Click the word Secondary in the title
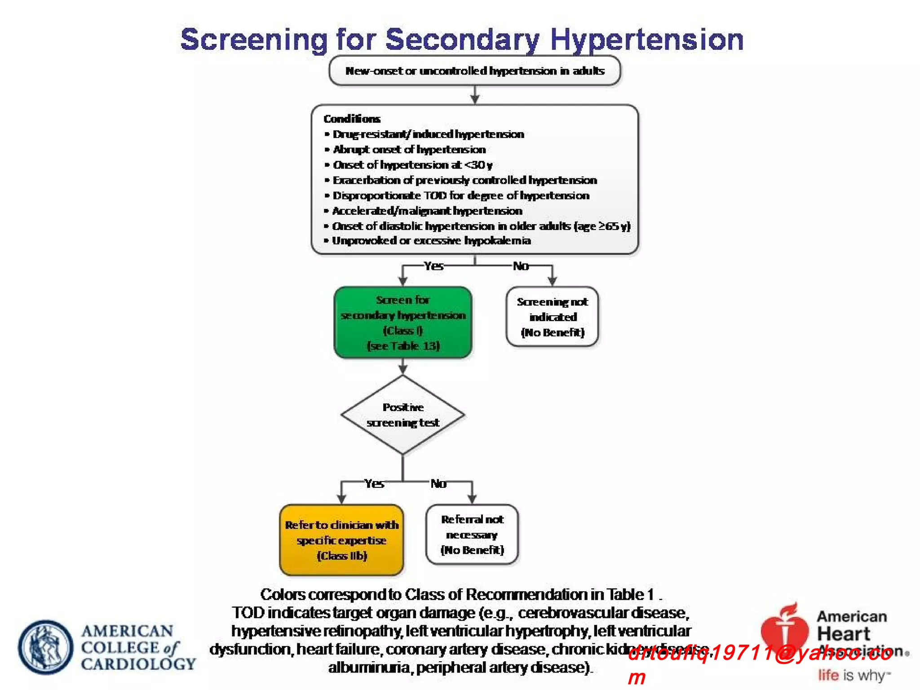coord(462,40)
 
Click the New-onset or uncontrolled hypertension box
coord(474,71)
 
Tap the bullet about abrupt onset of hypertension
coord(409,150)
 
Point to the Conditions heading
coord(352,119)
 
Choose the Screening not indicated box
coord(552,317)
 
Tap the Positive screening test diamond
coord(403,415)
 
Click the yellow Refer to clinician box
coord(341,540)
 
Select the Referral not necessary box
coord(472,535)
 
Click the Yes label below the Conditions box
coord(433,266)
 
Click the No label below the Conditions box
coord(521,266)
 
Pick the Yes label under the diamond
coord(374,484)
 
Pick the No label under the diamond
coord(438,484)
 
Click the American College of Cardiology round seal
coord(46,647)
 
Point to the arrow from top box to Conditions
coord(475,95)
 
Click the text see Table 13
coord(403,346)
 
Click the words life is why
coord(854,675)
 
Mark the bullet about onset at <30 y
coord(412,165)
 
